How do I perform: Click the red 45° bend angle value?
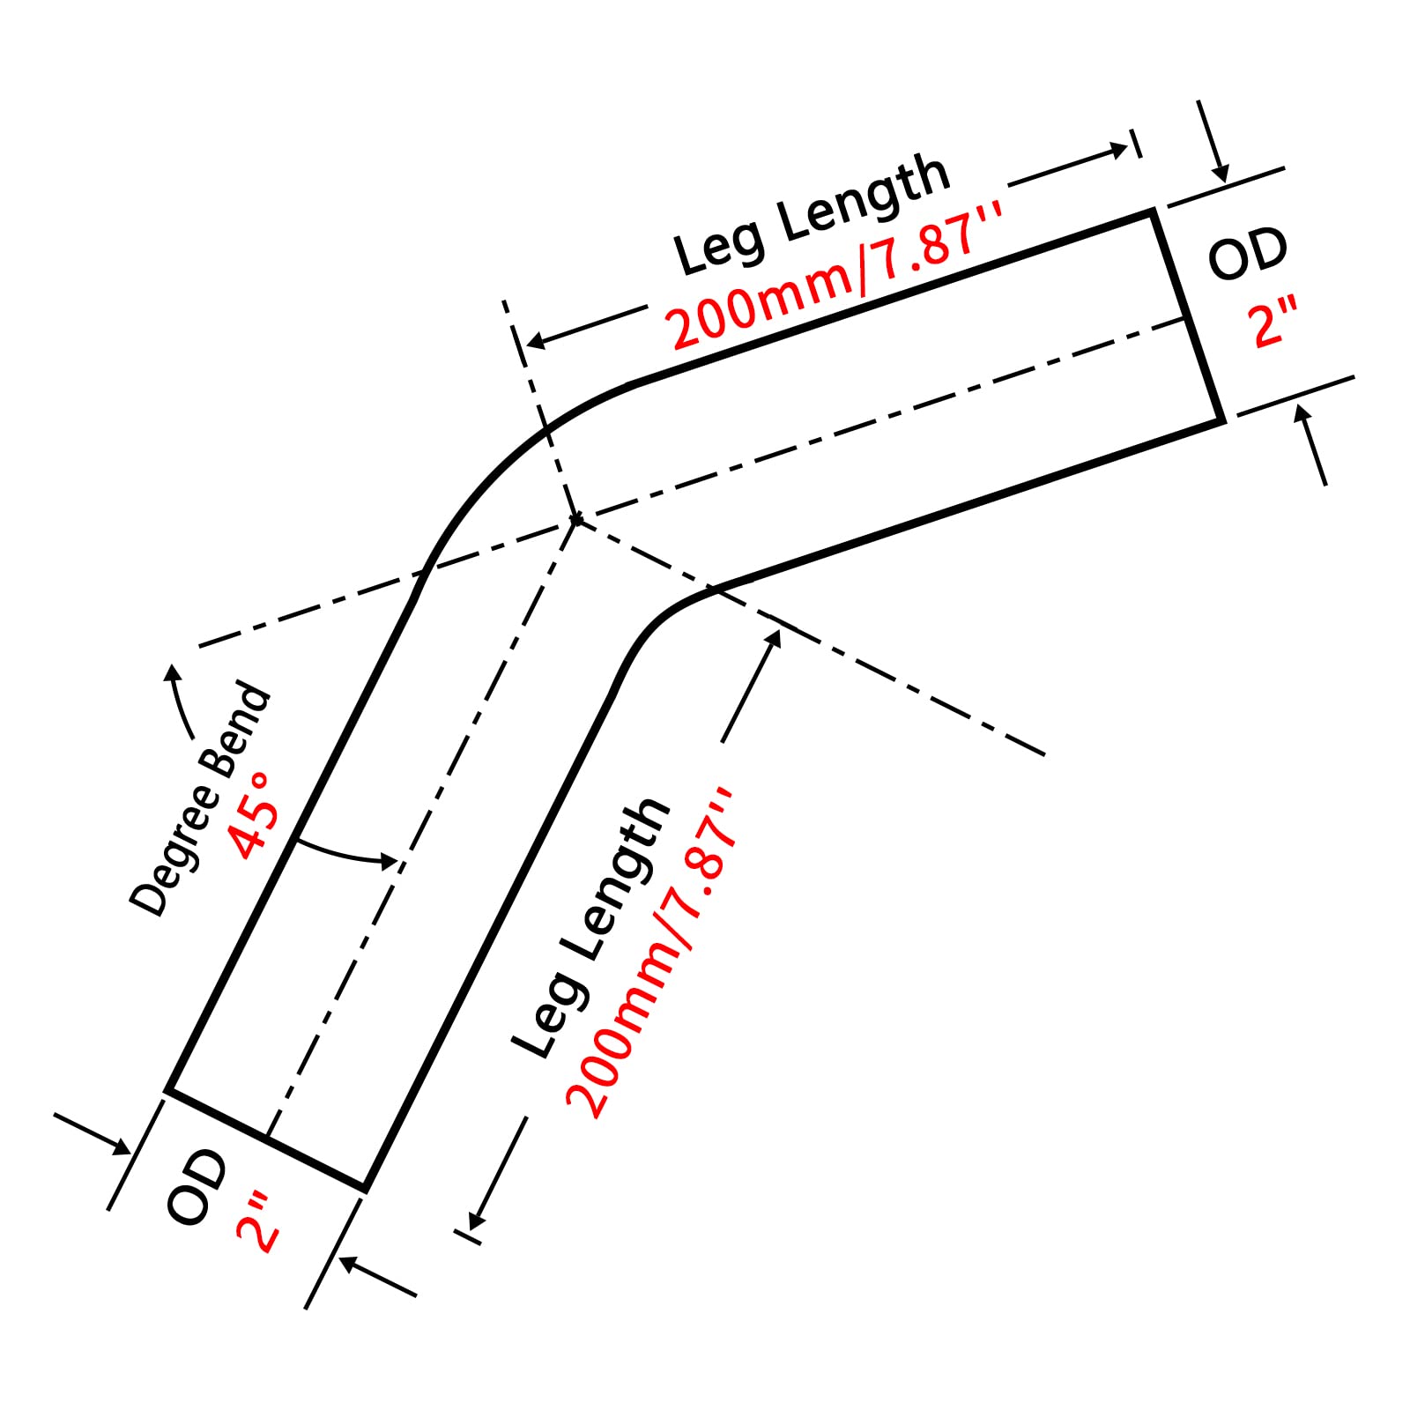(253, 814)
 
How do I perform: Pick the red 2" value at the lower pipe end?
(257, 1220)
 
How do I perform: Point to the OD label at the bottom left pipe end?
(196, 1186)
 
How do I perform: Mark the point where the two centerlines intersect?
(575, 520)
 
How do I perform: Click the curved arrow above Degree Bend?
(181, 701)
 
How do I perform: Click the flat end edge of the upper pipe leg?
(1188, 317)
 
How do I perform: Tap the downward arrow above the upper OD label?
(1212, 141)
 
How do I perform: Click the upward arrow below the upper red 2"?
(1311, 444)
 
